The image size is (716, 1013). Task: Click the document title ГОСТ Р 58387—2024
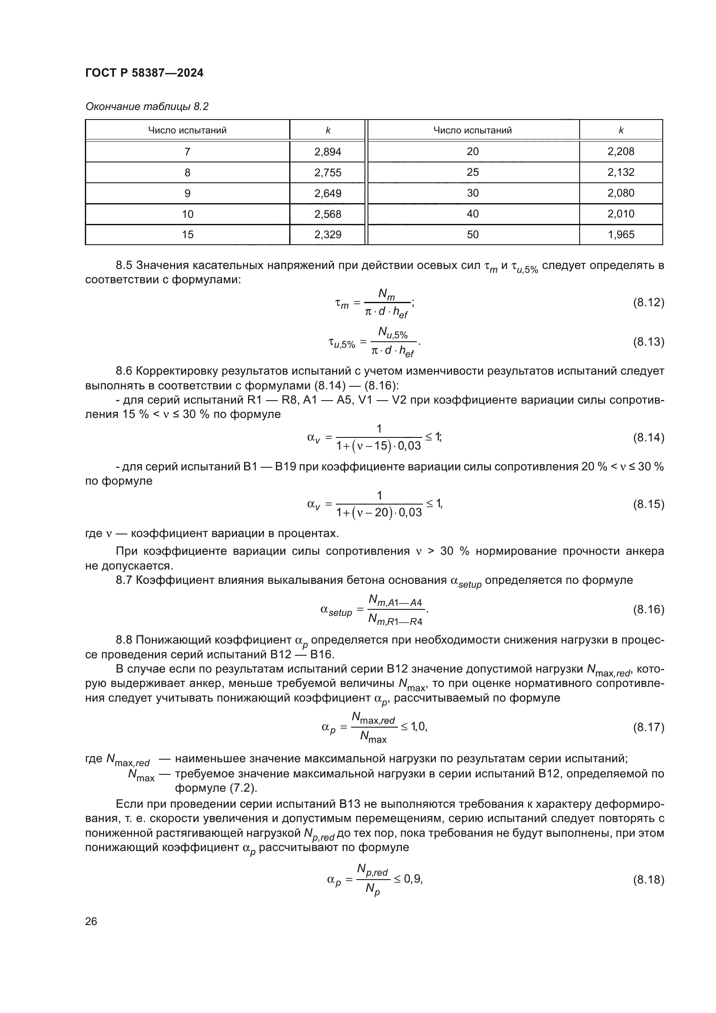pyautogui.click(x=144, y=73)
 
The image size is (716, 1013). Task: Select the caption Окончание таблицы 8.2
pyautogui.click(x=147, y=107)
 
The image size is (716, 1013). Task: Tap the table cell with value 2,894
pyautogui.click(x=328, y=152)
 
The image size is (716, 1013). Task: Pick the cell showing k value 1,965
pyautogui.click(x=621, y=234)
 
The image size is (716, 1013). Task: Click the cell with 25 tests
pyautogui.click(x=473, y=172)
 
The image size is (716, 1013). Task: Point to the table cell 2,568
pyautogui.click(x=328, y=214)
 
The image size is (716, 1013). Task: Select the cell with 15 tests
pyautogui.click(x=187, y=234)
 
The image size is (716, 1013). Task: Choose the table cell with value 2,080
pyautogui.click(x=621, y=193)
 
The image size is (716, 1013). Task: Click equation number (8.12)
pyautogui.click(x=648, y=303)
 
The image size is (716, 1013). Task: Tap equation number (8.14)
pyautogui.click(x=648, y=438)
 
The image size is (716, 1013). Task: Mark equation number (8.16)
pyautogui.click(x=648, y=609)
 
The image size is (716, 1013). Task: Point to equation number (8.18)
pyautogui.click(x=648, y=880)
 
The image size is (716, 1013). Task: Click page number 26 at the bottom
pyautogui.click(x=91, y=921)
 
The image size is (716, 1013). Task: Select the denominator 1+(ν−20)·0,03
pyautogui.click(x=379, y=512)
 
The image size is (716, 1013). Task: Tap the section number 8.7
pyautogui.click(x=124, y=580)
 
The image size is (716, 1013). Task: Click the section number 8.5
pyautogui.click(x=124, y=265)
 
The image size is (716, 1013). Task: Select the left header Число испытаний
pyautogui.click(x=187, y=130)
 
